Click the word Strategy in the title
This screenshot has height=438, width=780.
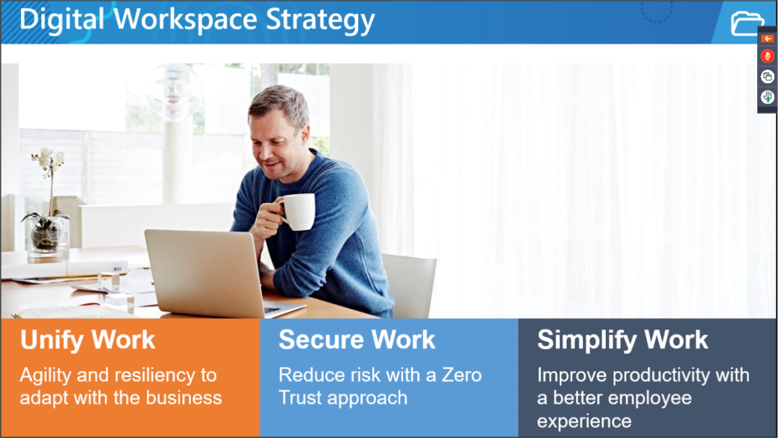(x=320, y=20)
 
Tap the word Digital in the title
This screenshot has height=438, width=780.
(x=62, y=20)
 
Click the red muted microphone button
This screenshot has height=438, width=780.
(x=768, y=56)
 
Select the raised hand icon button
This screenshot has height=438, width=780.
(x=768, y=97)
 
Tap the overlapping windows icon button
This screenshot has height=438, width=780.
(x=768, y=76)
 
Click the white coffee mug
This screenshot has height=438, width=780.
(x=297, y=212)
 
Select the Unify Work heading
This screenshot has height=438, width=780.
(x=87, y=339)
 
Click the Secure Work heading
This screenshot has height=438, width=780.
(x=357, y=339)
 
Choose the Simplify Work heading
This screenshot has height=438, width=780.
(x=623, y=340)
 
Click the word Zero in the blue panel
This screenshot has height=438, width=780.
(x=461, y=376)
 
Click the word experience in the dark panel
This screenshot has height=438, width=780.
(x=584, y=421)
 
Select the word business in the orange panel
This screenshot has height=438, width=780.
(x=184, y=398)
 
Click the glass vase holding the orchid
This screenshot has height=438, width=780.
(x=47, y=236)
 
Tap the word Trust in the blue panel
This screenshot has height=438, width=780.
(x=300, y=398)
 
